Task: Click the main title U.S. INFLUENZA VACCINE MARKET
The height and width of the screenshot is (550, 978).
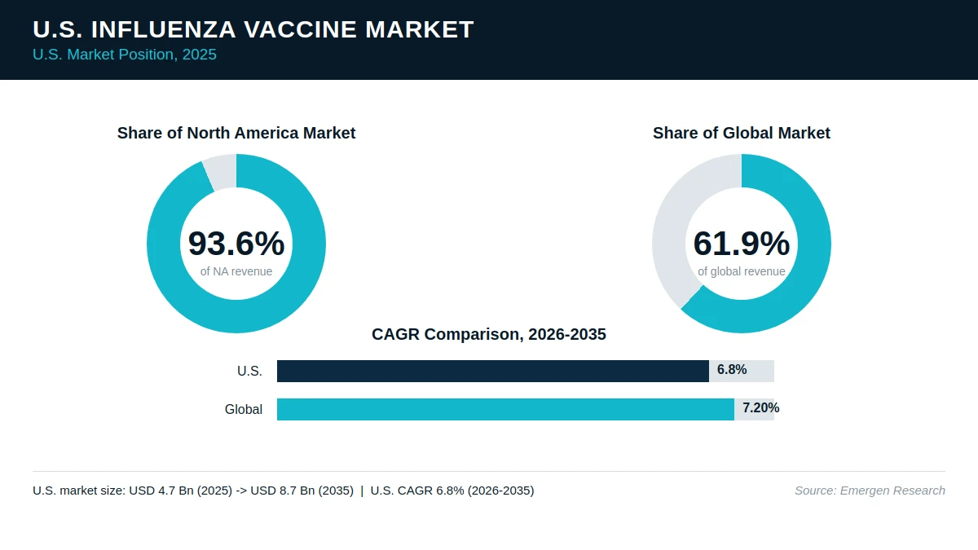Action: [x=253, y=29]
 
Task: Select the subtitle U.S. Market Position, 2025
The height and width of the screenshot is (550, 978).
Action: [x=125, y=55]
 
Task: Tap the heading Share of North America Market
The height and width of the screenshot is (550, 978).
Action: [x=236, y=133]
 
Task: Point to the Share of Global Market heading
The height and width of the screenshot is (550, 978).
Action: [x=742, y=133]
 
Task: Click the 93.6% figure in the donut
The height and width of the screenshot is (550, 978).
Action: [x=236, y=243]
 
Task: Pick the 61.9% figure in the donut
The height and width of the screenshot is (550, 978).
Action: [x=742, y=243]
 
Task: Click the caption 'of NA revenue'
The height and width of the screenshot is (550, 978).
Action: [x=236, y=271]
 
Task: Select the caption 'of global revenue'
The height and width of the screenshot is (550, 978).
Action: [x=742, y=271]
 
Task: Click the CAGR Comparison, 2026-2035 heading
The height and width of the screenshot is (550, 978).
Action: [x=488, y=334]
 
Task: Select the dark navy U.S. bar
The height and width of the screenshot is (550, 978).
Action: [x=493, y=371]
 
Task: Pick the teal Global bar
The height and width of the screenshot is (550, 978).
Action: [x=505, y=409]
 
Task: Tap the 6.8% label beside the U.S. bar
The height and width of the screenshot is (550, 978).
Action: [x=732, y=370]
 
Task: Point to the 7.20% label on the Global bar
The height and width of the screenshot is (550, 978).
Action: [x=760, y=407]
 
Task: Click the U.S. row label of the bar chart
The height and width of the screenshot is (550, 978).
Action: [x=249, y=371]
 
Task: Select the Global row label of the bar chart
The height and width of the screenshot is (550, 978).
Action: [x=243, y=409]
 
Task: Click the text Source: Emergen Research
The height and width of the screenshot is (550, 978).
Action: [x=870, y=491]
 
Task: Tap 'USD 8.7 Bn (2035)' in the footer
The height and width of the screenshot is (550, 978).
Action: [x=302, y=491]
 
